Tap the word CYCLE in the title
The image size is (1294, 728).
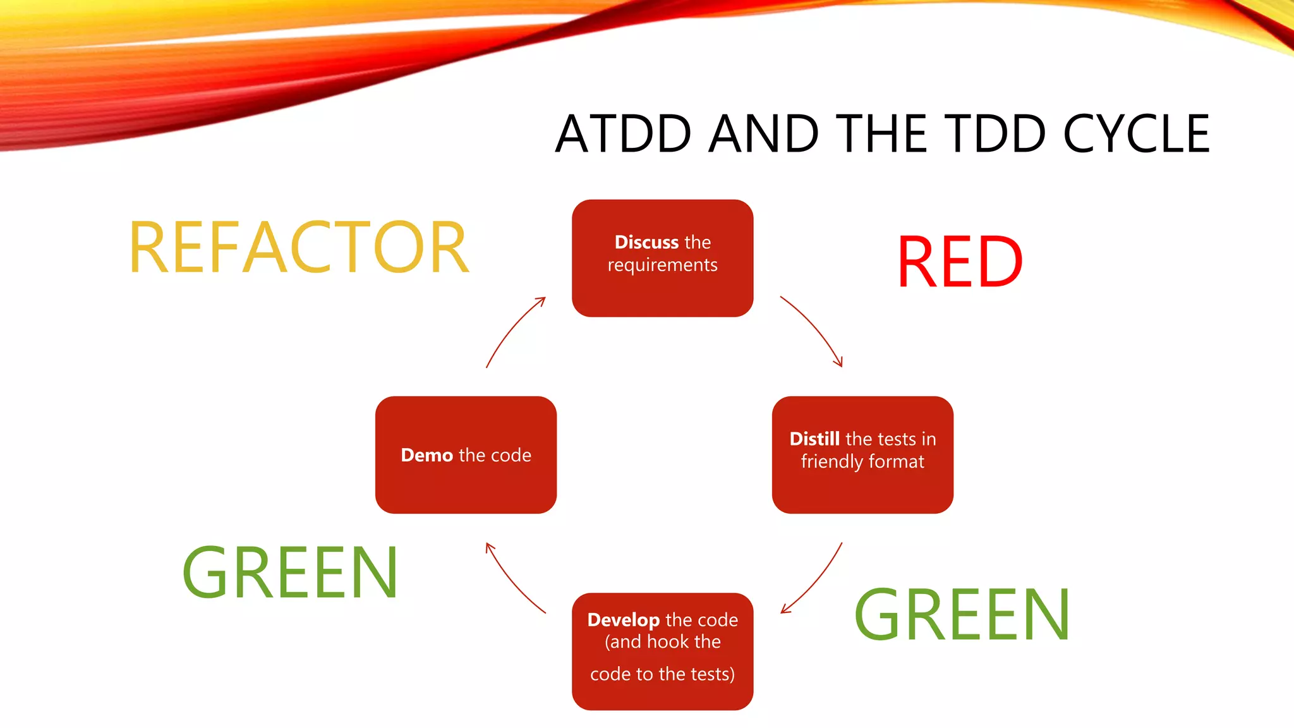1136,134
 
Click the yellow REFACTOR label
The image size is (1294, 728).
299,248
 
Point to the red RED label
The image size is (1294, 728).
959,262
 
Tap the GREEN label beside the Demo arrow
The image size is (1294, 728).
290,573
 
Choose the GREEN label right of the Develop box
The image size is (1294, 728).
962,615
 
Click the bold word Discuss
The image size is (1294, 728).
646,242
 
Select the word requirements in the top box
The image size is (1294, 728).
662,265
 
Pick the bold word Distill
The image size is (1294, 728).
814,439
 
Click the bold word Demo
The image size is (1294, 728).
426,455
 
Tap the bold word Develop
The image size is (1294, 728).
623,620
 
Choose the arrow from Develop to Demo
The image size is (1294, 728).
513,580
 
